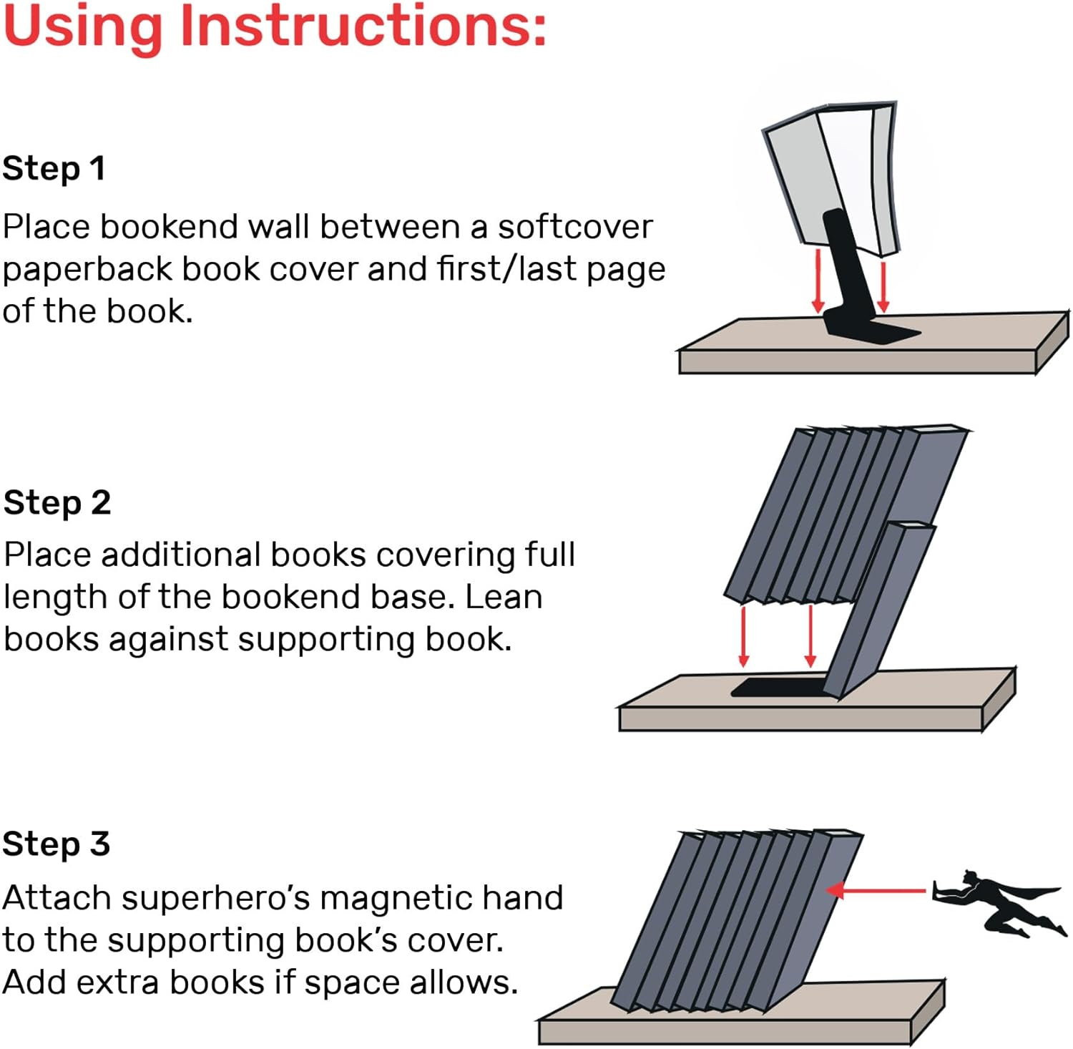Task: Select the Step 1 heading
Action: coord(54,169)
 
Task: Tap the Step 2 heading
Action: coord(57,502)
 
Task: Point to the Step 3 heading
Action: coord(56,844)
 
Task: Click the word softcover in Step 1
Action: coord(575,228)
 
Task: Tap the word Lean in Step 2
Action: coord(504,597)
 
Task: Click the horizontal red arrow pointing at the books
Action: coord(876,891)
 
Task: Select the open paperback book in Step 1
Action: coord(830,175)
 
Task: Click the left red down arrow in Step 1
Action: coord(818,279)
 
